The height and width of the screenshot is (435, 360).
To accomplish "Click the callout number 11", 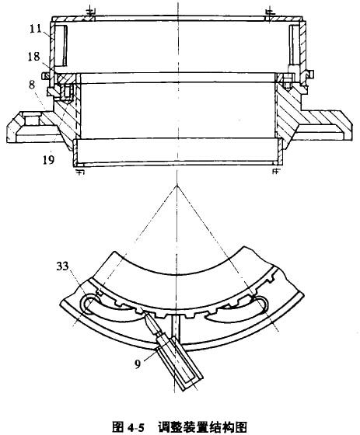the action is pos(36,29).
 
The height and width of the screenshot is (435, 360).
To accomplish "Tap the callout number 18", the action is pos(33,57).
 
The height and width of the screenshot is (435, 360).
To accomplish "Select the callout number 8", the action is pos(32,85).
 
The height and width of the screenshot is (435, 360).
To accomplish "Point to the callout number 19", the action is pos(48,159).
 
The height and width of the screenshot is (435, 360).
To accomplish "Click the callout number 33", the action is pos(62,266).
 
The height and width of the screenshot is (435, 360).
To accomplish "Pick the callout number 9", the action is pos(138,364).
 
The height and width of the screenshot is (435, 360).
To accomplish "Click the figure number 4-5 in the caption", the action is pos(136,427).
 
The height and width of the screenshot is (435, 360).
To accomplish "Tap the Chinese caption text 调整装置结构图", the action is pos(202,427).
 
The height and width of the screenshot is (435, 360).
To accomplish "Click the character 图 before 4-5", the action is pos(118,427).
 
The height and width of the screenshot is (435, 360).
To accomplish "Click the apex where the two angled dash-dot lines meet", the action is pos(177,186).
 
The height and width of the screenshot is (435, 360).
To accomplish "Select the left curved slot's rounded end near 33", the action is pos(87,304).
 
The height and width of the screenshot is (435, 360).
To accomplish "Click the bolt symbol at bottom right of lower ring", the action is pos(275,169).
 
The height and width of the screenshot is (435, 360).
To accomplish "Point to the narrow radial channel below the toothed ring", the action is pos(176,328).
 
